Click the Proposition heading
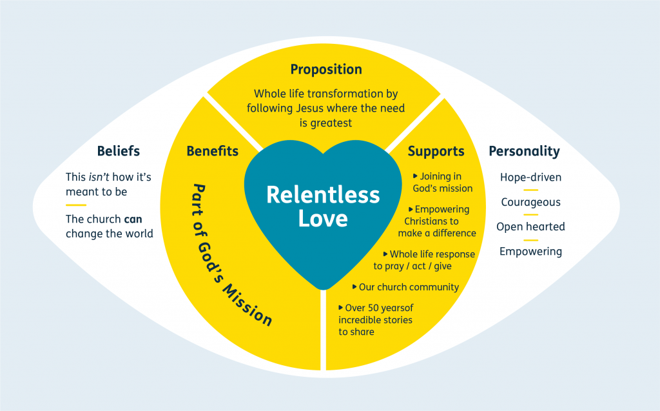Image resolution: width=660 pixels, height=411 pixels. (x=326, y=70)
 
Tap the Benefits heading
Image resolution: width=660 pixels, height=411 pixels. (x=212, y=152)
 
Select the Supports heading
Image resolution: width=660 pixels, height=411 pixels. (x=436, y=152)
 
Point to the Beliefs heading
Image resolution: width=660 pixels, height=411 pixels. (x=119, y=152)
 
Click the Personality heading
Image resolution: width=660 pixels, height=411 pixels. (x=524, y=152)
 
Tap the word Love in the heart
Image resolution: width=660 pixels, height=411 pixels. (x=323, y=219)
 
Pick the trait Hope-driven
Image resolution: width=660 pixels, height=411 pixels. (x=530, y=177)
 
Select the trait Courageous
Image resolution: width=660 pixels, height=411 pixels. (x=530, y=202)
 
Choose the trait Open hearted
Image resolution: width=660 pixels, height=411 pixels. (x=530, y=226)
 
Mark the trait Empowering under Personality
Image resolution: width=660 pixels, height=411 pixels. (x=530, y=252)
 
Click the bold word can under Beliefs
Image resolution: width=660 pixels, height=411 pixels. (x=133, y=219)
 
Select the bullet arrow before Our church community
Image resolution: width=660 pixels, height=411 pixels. (x=354, y=286)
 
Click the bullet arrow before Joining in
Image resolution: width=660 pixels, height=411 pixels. (x=416, y=175)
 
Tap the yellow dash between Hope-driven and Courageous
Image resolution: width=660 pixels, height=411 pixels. (x=530, y=190)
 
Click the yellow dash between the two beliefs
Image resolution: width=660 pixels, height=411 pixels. (x=75, y=205)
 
